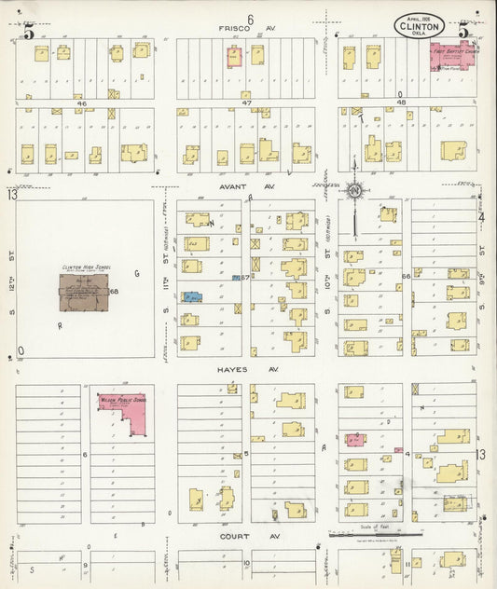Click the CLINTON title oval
(425, 25)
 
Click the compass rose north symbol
(354, 191)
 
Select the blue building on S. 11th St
(191, 297)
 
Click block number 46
(81, 103)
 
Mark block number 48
(402, 103)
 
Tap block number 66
(406, 277)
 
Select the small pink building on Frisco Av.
(233, 56)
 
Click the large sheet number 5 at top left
(30, 32)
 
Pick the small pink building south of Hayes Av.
(355, 439)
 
